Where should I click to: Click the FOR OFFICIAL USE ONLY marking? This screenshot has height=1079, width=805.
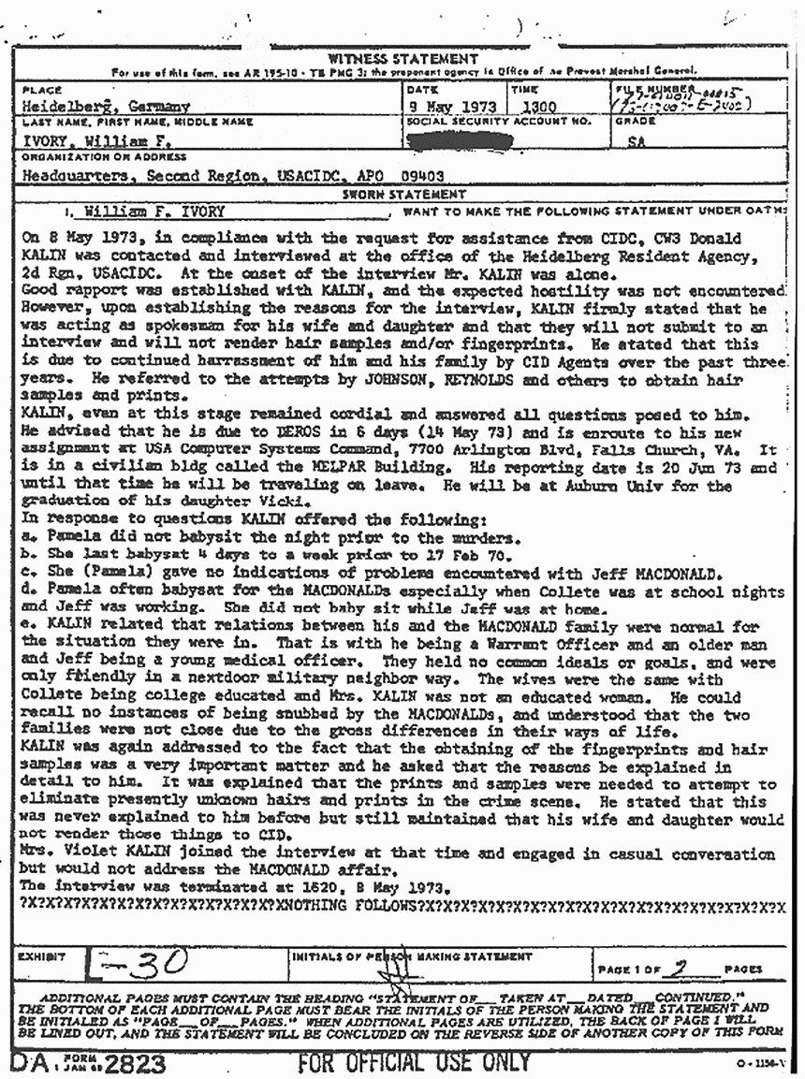(x=414, y=1063)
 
